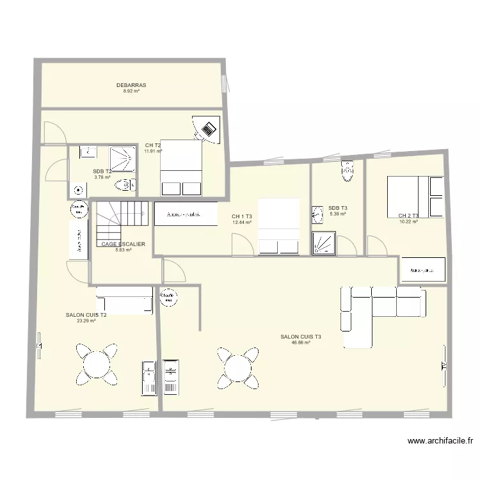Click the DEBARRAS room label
click(131, 85)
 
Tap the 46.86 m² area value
click(301, 342)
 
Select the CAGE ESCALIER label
click(123, 244)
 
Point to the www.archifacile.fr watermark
click(441, 440)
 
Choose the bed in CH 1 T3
click(278, 227)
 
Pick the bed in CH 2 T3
click(415, 196)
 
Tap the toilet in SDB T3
click(348, 171)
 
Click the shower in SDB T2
click(122, 159)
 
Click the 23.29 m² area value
click(86, 321)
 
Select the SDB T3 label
click(337, 208)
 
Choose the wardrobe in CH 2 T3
click(422, 269)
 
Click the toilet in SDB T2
click(124, 186)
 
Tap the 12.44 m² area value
click(242, 222)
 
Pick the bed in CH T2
click(181, 168)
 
